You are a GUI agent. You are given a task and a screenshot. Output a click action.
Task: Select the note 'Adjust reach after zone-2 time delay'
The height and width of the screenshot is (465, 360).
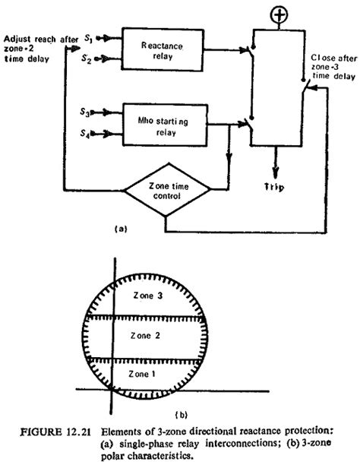[39, 46]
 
